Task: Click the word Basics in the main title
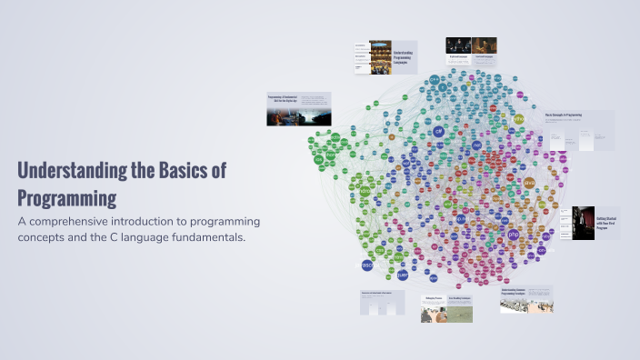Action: tap(185, 170)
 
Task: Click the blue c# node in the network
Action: tap(439, 132)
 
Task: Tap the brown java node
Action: tap(529, 182)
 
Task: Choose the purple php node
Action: tap(514, 235)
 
